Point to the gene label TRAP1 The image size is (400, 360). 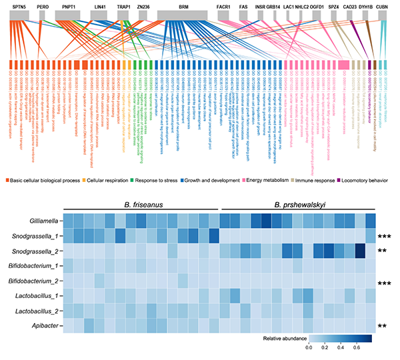pyautogui.click(x=123, y=5)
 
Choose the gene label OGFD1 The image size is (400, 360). pyautogui.click(x=317, y=5)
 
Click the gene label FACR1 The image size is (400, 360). pyautogui.click(x=224, y=5)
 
